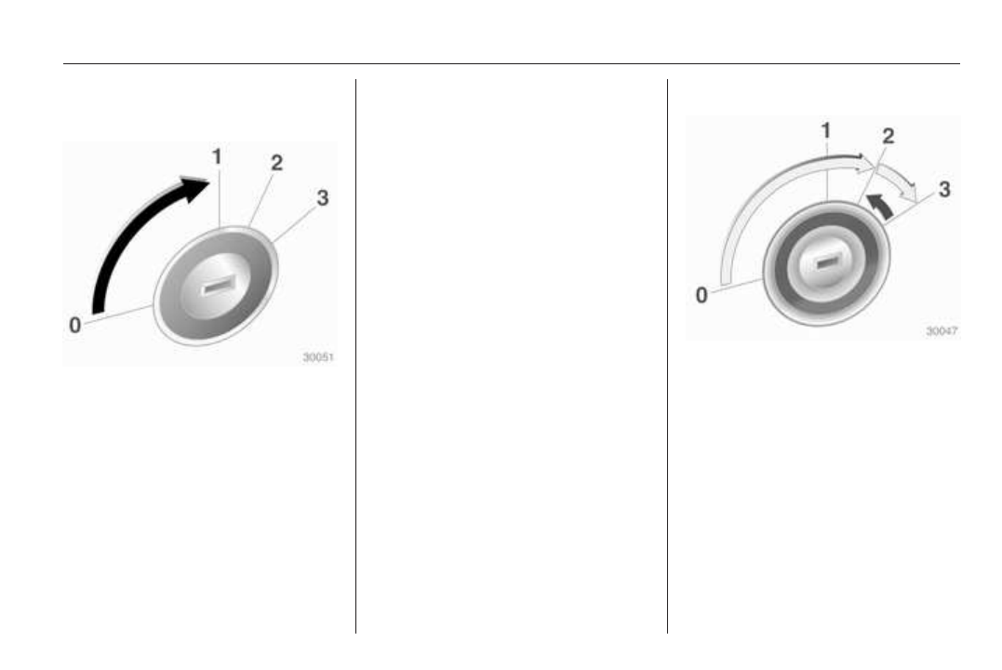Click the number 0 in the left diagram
coord(74,326)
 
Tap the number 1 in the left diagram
coord(218,156)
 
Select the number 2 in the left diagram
coord(276,163)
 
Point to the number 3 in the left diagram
coord(323,198)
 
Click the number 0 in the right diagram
coord(701,295)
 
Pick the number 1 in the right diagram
coord(825,131)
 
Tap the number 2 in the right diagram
coord(888,136)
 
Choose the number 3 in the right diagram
coord(943,189)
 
